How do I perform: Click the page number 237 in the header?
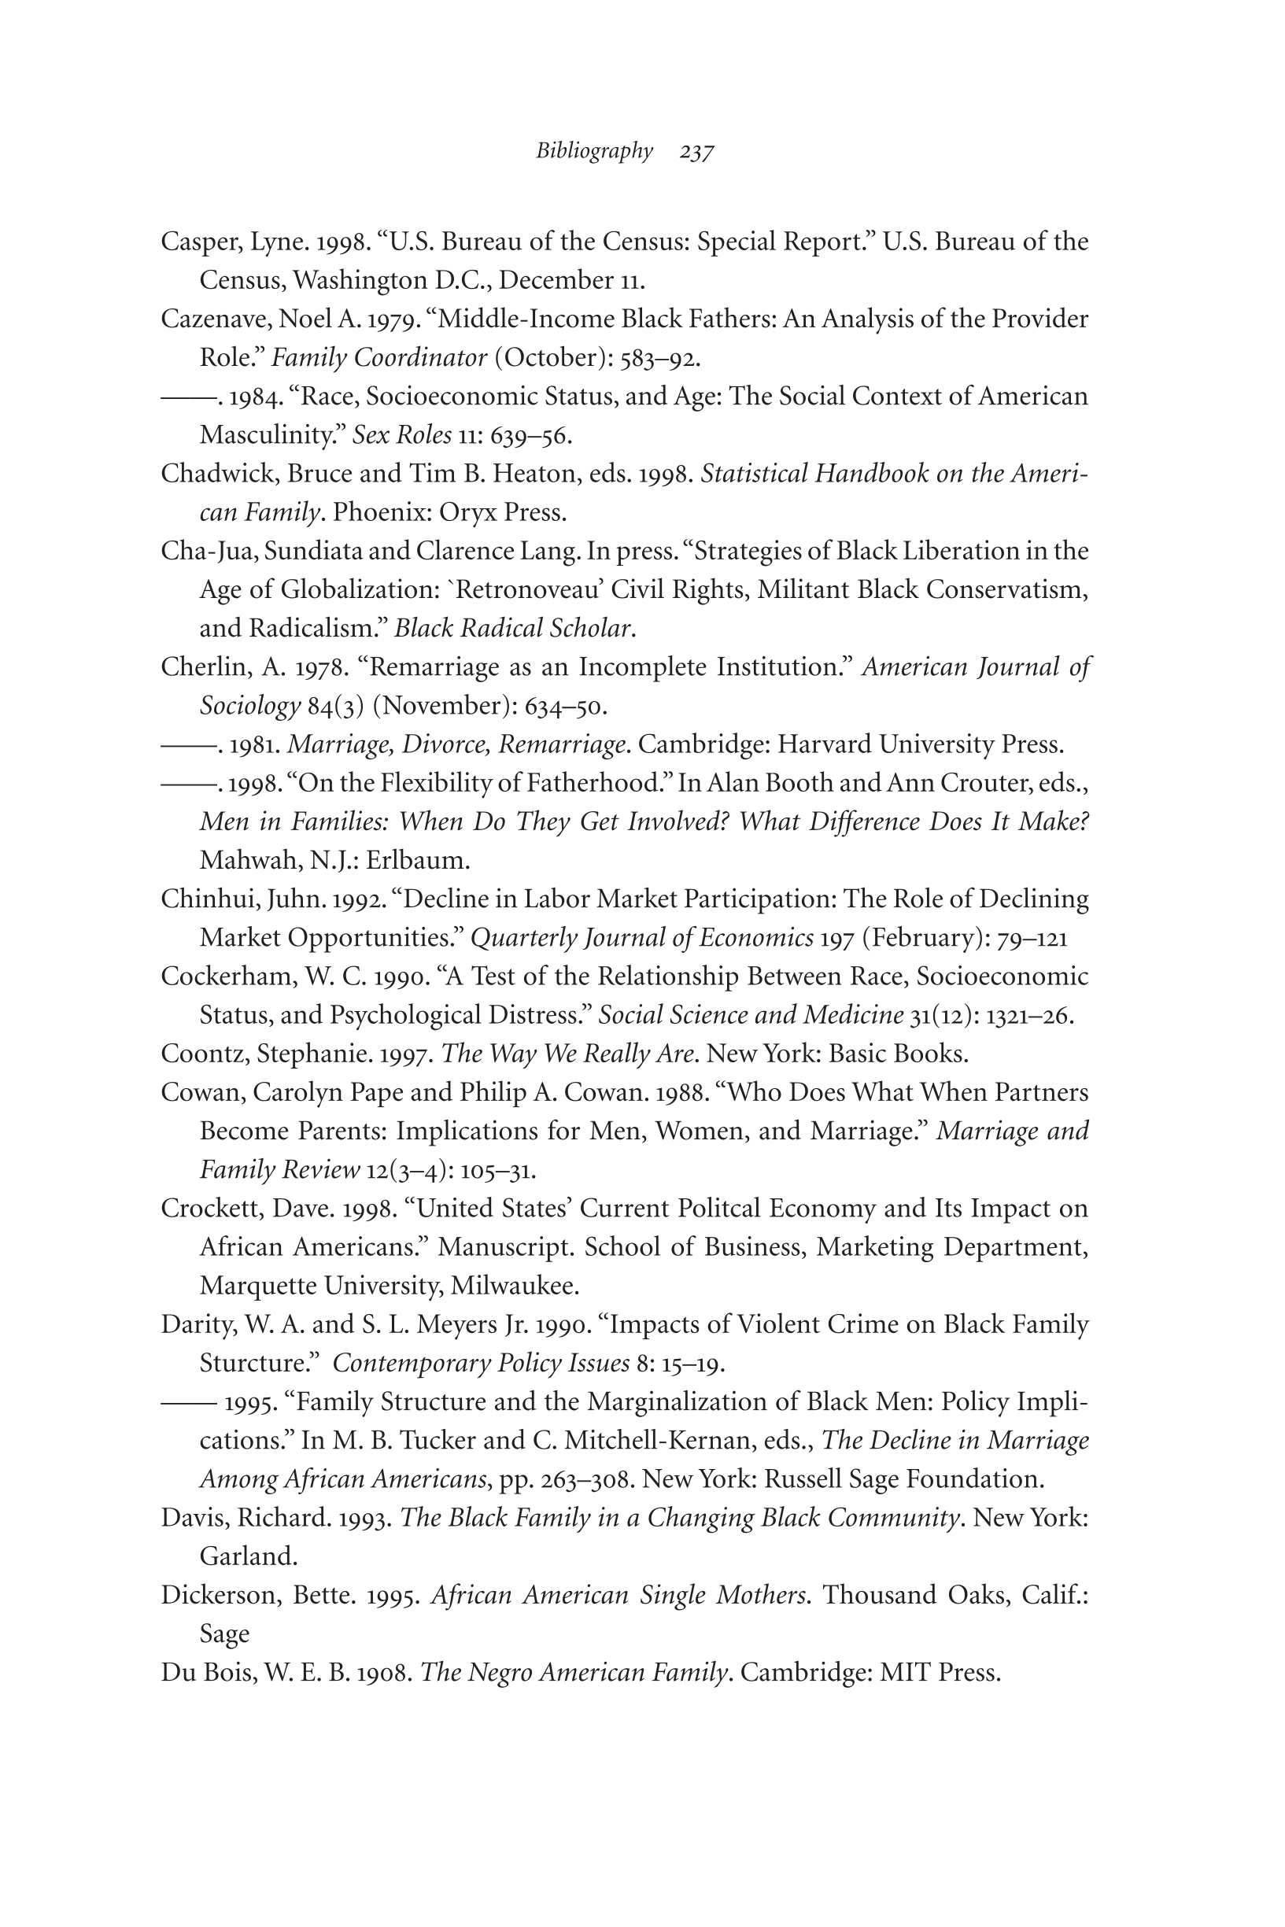tap(696, 153)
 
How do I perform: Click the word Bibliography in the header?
tap(594, 152)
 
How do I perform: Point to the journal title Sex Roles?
tap(401, 435)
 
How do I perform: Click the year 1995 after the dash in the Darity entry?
tap(249, 1404)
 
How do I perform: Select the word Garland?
tap(248, 1557)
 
